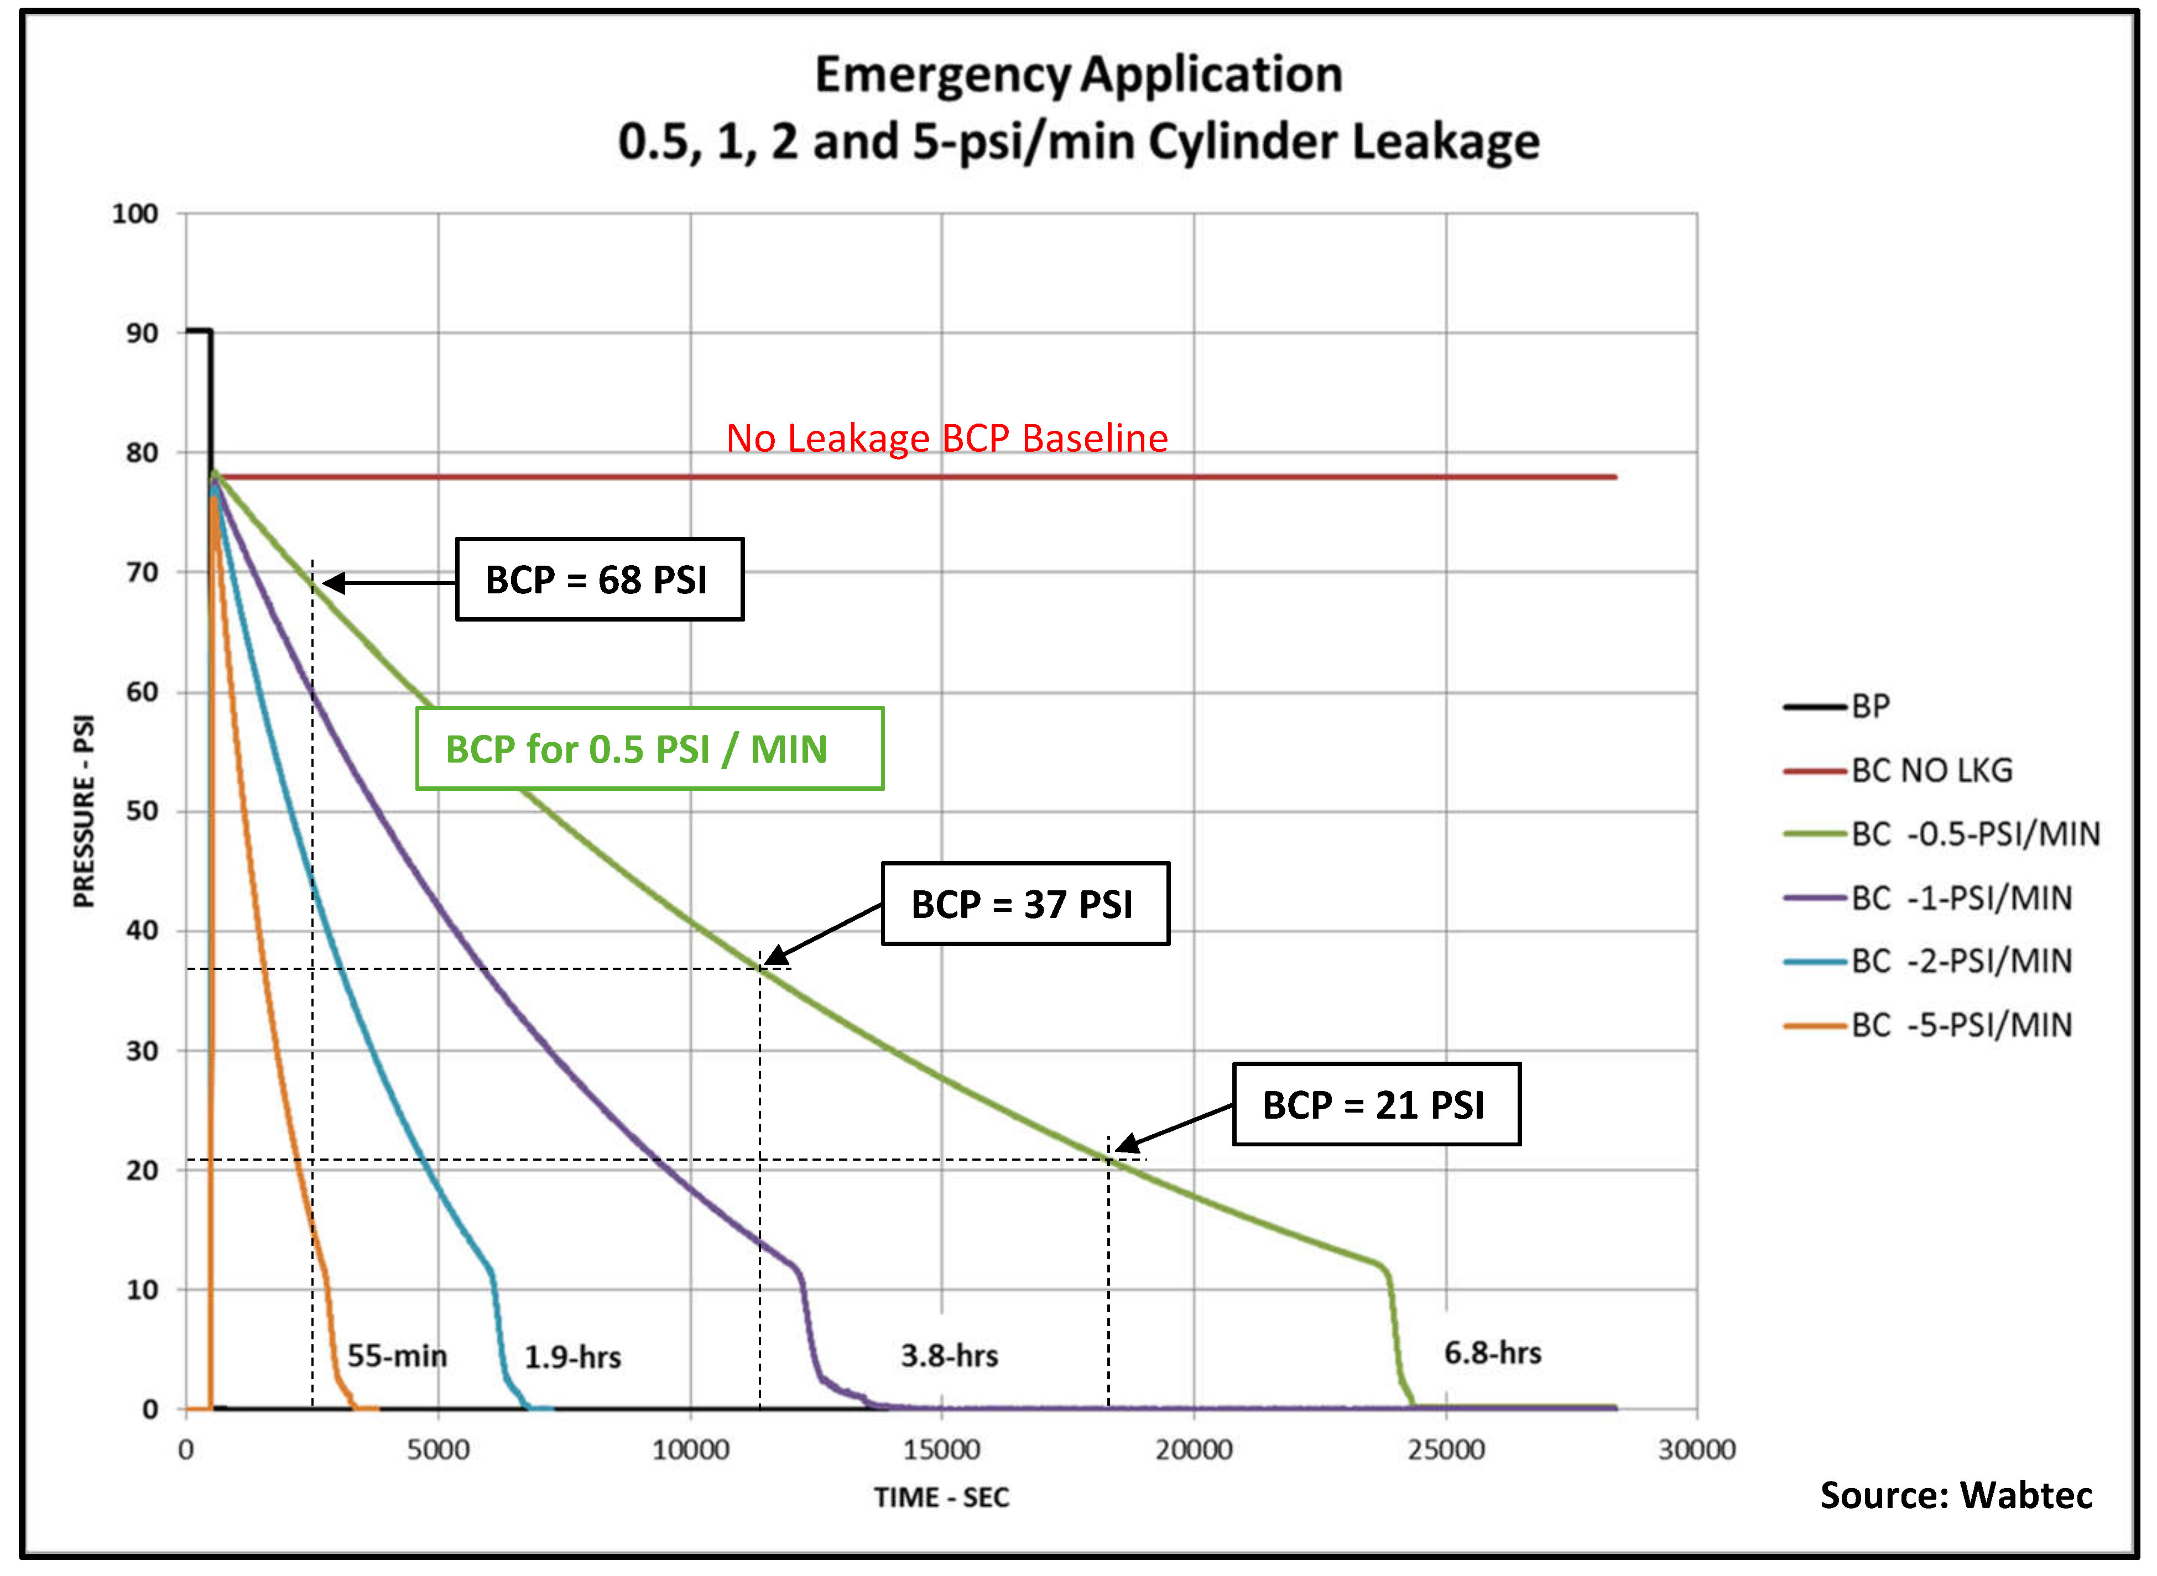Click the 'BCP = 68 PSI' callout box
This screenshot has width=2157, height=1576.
[x=598, y=579]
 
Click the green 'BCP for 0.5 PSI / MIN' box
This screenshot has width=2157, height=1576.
[x=649, y=749]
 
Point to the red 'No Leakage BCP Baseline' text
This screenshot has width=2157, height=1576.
[x=946, y=438]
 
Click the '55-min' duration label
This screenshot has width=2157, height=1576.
[x=397, y=1355]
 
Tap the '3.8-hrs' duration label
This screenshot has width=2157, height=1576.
[x=949, y=1355]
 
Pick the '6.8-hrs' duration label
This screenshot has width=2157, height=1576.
[x=1492, y=1353]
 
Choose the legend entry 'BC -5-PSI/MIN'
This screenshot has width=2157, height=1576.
[x=1961, y=1025]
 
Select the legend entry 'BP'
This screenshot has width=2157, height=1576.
[x=1870, y=706]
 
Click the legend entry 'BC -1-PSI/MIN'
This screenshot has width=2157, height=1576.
[x=1961, y=897]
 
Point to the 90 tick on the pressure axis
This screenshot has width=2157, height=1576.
[x=142, y=333]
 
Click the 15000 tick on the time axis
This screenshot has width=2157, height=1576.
[x=941, y=1450]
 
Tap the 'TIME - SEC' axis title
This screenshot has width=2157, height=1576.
[x=941, y=1497]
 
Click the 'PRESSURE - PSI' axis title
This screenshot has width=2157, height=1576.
[x=85, y=811]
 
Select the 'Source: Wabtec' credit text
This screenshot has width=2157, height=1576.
[x=1956, y=1495]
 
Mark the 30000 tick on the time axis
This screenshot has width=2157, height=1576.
[x=1696, y=1450]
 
